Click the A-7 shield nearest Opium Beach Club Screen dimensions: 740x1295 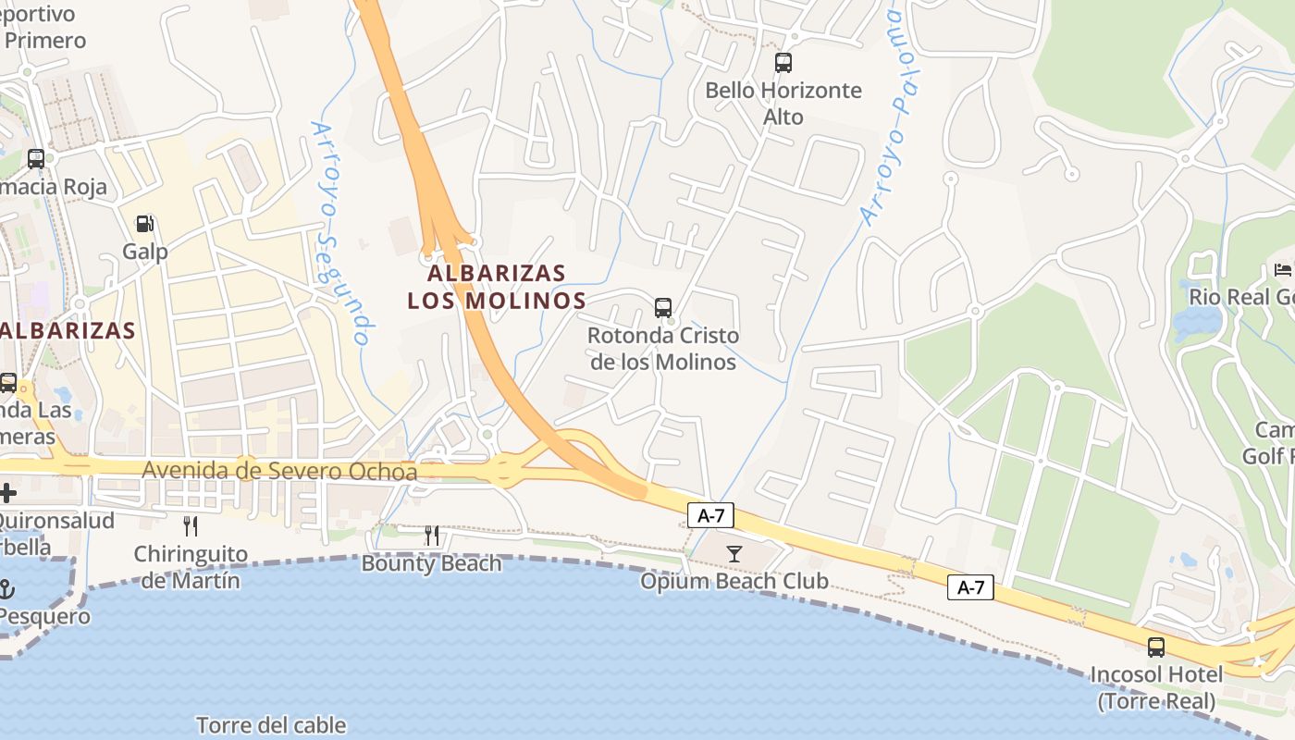(710, 516)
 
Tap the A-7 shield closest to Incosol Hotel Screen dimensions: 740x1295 (970, 587)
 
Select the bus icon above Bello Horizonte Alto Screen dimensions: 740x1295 (783, 63)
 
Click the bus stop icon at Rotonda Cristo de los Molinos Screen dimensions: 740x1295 (663, 308)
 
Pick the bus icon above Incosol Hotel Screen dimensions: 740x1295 (1156, 647)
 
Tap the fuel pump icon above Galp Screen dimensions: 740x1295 (145, 224)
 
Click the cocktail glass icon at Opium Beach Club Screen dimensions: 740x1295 (734, 554)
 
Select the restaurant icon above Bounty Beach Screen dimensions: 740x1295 (431, 536)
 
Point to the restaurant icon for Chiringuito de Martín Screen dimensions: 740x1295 (191, 526)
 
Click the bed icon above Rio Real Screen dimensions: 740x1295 (1283, 270)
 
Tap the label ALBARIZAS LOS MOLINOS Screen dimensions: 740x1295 (497, 287)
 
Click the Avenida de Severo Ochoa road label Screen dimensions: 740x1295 (279, 472)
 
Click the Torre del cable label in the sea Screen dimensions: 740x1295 (271, 725)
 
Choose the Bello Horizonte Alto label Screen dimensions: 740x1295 (783, 104)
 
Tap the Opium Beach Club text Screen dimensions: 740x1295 (734, 581)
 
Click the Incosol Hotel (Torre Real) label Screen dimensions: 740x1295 (1156, 687)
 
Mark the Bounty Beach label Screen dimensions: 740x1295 (431, 563)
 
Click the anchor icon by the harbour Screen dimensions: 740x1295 (6, 588)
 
